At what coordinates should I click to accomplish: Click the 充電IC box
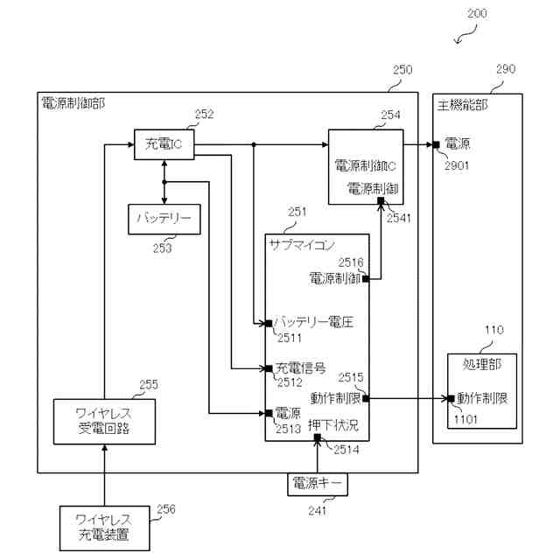pos(164,143)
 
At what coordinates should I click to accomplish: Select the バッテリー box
pos(164,218)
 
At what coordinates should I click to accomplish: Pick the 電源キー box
pos(317,483)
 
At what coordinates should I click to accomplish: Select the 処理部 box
pos(482,385)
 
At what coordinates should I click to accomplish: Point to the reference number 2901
pos(458,164)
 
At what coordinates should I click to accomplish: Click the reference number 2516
pos(351,262)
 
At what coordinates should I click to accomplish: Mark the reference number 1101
pos(466,418)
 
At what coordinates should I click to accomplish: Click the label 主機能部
pos(462,104)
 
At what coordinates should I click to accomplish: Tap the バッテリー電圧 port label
pos(313,323)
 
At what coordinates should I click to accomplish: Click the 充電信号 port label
pos(301,368)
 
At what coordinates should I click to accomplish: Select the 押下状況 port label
pos(333,426)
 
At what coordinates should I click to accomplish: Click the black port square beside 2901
pos(436,144)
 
